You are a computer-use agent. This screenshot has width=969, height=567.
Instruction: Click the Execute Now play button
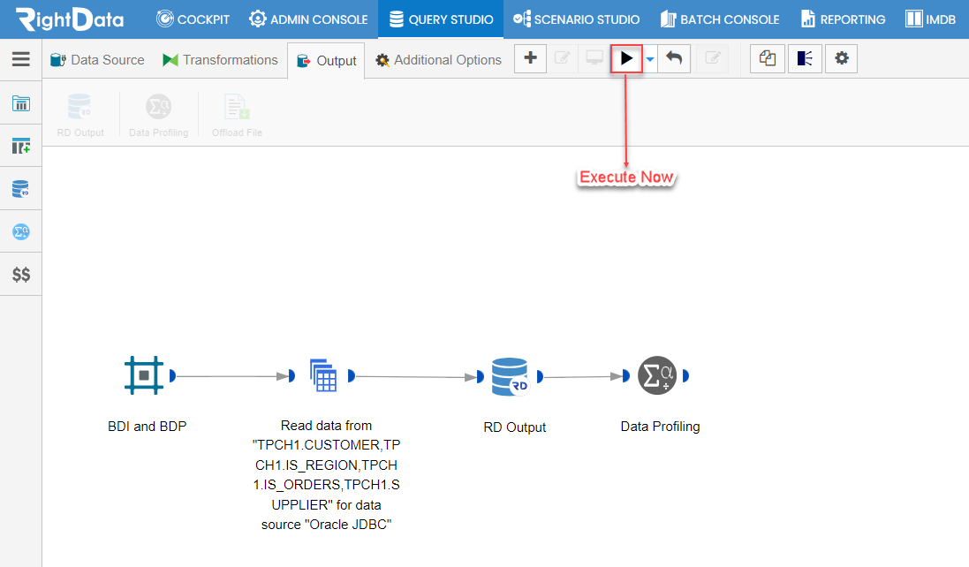[626, 58]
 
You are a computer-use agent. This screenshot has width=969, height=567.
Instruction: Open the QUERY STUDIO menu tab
[442, 19]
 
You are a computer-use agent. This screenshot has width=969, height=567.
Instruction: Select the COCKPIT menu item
[193, 19]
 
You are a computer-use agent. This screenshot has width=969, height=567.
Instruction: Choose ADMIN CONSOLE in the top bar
[308, 19]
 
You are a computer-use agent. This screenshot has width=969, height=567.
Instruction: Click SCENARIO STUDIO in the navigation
[577, 19]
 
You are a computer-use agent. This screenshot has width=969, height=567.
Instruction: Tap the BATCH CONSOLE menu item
[720, 19]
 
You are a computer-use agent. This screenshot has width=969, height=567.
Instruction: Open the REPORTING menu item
[843, 19]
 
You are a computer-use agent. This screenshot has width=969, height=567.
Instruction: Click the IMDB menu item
[931, 19]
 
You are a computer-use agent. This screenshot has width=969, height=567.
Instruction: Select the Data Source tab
[98, 60]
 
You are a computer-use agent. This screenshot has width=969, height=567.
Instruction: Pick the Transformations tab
[220, 60]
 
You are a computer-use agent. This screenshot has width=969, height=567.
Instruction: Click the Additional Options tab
[439, 60]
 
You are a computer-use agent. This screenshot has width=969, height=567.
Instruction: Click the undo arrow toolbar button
[674, 58]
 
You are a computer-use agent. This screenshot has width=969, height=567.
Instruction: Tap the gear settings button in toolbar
[842, 58]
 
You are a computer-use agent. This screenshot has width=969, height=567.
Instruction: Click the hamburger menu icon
[21, 58]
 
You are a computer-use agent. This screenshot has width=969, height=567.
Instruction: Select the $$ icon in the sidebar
[21, 275]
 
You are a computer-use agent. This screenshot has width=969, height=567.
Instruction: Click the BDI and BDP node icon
[144, 375]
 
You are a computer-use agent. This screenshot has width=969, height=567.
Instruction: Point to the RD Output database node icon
[510, 376]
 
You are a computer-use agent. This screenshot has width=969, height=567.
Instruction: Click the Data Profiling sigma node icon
[657, 375]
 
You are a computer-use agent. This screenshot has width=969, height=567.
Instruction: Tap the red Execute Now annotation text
[626, 178]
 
